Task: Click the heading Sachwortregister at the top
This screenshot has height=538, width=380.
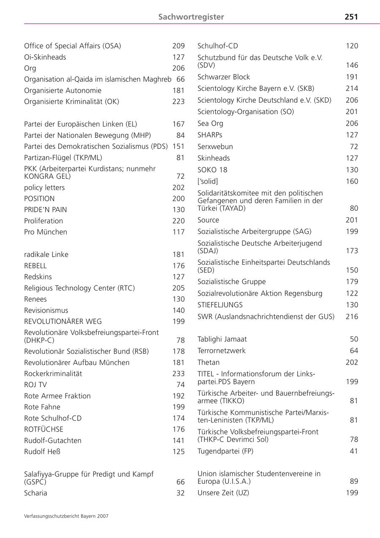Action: (x=191, y=17)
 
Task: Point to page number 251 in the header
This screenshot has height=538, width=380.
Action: (x=351, y=17)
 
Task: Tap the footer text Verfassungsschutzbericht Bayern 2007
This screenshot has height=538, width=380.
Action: (x=66, y=516)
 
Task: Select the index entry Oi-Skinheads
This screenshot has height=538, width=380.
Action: (x=45, y=57)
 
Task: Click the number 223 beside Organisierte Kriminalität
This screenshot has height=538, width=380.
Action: (x=178, y=102)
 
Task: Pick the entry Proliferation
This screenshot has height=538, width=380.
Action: (x=43, y=221)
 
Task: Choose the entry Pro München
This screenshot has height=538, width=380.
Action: (x=46, y=232)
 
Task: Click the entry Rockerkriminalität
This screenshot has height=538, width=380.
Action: (x=53, y=373)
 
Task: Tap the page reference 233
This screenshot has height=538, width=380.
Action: (x=178, y=373)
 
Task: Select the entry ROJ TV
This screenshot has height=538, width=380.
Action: (x=35, y=384)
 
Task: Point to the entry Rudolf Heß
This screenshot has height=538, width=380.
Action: (x=42, y=451)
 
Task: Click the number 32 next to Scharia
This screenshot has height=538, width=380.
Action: (x=180, y=493)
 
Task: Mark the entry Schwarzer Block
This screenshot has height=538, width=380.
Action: (x=224, y=77)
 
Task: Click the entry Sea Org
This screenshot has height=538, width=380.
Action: (x=210, y=124)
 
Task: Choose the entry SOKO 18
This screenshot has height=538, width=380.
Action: (x=213, y=170)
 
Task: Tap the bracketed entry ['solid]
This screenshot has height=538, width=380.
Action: (x=208, y=181)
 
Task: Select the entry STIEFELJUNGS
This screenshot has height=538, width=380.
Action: (x=220, y=305)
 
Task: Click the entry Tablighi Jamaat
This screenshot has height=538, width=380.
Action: (x=222, y=339)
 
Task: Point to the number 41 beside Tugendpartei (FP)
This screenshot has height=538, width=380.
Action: (x=353, y=451)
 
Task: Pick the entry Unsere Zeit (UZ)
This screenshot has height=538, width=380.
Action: (x=223, y=493)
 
